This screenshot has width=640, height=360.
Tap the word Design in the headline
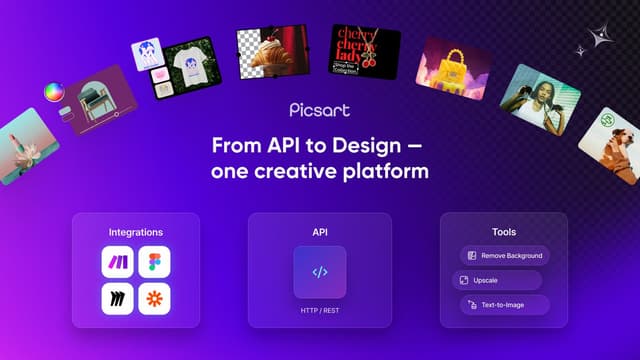coord(381,145)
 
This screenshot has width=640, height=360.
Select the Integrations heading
coord(135,232)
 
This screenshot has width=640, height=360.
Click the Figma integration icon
coord(155,263)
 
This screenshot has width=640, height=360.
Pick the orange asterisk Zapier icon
coord(155,299)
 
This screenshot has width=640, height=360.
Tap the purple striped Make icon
coord(116,263)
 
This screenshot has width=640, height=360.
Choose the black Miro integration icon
coord(116,299)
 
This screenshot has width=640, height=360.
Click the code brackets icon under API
coord(320,272)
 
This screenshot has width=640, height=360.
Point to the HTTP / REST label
coord(320,311)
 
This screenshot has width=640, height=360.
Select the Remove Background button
coord(505,256)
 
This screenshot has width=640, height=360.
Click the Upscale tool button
coord(497,280)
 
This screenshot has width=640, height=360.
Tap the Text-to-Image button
coord(505,304)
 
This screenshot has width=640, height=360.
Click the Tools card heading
coord(504,232)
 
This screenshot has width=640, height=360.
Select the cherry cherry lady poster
coord(365,48)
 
